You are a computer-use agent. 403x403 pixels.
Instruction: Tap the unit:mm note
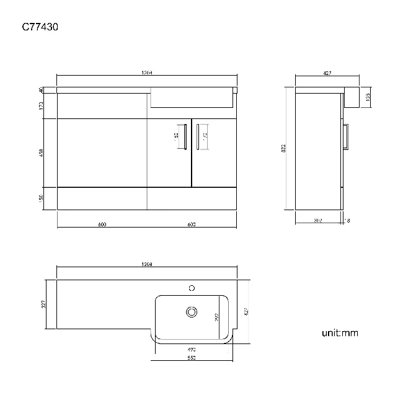[x=340, y=333]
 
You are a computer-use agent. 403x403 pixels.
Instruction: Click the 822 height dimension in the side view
[x=283, y=148]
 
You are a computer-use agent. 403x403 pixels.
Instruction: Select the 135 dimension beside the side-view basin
[x=368, y=97]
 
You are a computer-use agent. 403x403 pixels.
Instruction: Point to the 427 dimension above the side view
[x=327, y=74]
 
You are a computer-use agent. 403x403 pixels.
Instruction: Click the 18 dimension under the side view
[x=347, y=220]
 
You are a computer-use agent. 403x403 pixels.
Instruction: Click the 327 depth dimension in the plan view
[x=44, y=304]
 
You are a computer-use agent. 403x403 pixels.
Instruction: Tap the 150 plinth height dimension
[x=41, y=198]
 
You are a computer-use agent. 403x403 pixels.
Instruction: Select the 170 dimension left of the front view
[x=41, y=105]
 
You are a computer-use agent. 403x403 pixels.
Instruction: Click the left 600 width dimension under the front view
[x=102, y=224]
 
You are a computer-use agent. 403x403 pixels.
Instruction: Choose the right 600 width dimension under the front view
[x=191, y=224]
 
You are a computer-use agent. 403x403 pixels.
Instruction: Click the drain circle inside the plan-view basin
[x=192, y=312]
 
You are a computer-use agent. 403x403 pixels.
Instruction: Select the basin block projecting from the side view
[x=352, y=97]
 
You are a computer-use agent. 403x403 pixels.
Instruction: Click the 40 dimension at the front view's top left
[x=41, y=90]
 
